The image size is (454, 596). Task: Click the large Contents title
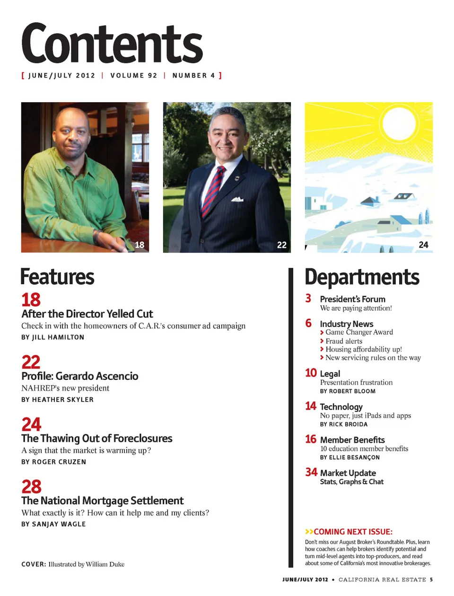(x=112, y=44)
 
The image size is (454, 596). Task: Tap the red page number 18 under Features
(x=31, y=300)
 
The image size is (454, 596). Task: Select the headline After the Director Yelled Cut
(x=87, y=314)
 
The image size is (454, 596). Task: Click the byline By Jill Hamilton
(x=52, y=337)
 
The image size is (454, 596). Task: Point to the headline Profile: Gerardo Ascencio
(x=80, y=377)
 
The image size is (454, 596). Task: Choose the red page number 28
(x=31, y=487)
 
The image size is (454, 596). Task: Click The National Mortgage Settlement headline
(x=103, y=501)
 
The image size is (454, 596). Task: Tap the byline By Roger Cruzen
(x=53, y=462)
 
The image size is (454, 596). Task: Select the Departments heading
(x=362, y=277)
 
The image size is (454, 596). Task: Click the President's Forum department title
(x=352, y=299)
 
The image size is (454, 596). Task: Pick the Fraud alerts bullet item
(x=343, y=341)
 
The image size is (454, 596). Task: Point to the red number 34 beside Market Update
(x=311, y=472)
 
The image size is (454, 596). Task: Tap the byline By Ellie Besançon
(x=349, y=457)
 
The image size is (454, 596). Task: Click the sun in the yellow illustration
(x=399, y=123)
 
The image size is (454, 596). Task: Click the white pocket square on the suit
(x=237, y=199)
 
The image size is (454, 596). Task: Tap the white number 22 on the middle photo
(x=282, y=245)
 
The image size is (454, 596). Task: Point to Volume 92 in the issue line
(x=133, y=76)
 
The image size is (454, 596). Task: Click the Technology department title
(x=341, y=407)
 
